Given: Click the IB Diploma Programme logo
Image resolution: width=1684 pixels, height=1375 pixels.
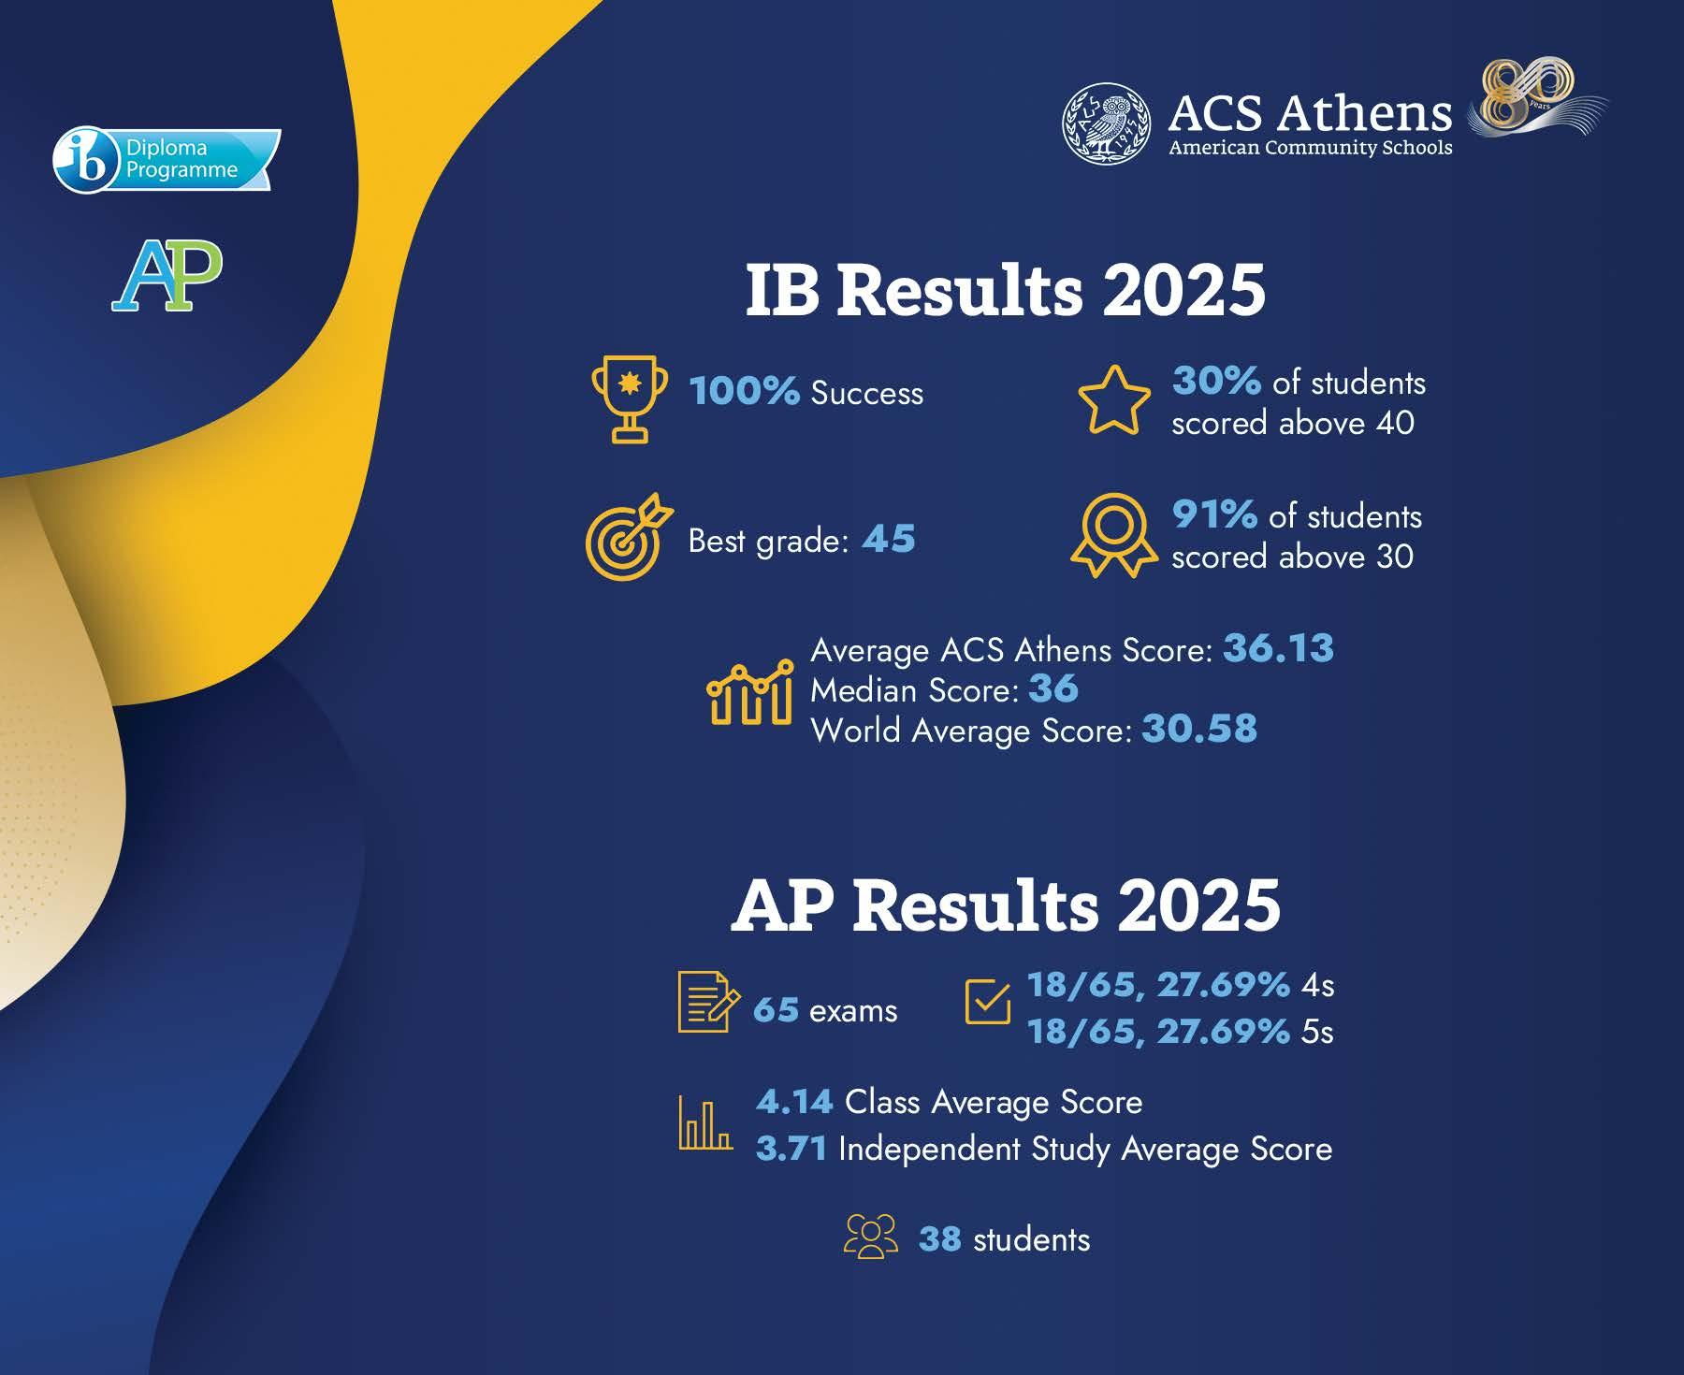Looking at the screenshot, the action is point(167,160).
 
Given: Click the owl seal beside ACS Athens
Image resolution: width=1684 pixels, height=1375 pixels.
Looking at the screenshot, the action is point(1107,123).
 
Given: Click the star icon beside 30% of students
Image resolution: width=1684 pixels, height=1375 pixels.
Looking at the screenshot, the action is point(1114,400).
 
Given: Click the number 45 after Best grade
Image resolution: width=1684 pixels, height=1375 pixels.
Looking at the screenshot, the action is point(888,539).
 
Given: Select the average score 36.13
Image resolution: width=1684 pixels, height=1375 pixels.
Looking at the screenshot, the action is point(1278,648).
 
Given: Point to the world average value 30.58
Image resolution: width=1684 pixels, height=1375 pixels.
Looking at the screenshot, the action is point(1199,729).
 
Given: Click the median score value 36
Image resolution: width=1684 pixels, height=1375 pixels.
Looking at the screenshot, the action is point(1053,688).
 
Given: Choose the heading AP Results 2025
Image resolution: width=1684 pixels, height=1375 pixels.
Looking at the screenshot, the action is point(1006,905).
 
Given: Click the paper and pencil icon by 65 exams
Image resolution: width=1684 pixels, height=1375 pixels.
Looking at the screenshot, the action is point(708,1002).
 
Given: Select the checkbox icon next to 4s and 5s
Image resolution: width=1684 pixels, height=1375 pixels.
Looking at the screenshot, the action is point(987,1002).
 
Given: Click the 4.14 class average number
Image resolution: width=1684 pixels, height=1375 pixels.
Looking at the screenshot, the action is point(794,1102).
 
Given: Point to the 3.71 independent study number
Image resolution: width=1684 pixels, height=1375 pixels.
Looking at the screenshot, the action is point(791,1149).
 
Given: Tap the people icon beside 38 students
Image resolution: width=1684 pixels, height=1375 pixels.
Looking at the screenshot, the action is point(870,1237).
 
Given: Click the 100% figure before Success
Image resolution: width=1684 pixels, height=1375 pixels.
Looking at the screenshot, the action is point(744,391).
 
